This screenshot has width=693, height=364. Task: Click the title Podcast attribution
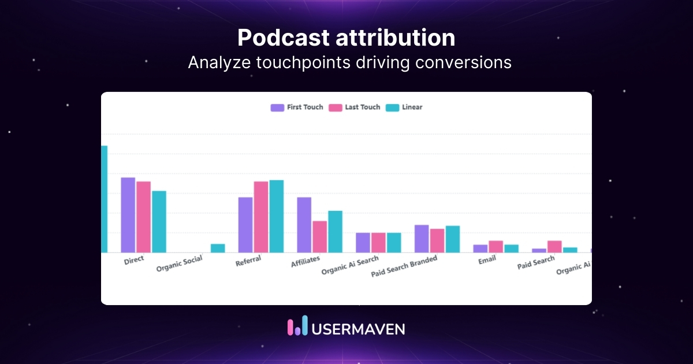click(346, 38)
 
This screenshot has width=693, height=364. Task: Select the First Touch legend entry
click(297, 107)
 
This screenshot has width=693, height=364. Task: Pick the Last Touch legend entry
click(355, 107)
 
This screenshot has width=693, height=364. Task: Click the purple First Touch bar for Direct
click(128, 215)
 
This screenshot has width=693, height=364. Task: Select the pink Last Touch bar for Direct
click(143, 217)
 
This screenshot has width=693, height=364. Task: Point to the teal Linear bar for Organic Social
click(218, 248)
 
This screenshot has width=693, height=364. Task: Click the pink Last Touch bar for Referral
click(261, 217)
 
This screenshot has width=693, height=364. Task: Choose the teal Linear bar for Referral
click(277, 216)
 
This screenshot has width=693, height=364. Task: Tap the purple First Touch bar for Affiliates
click(304, 225)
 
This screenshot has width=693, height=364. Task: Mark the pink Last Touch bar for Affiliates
click(319, 237)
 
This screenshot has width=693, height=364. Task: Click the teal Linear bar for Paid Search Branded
click(453, 239)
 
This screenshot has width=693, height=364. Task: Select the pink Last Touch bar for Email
click(495, 247)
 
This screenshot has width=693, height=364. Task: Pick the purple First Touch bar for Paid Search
click(539, 250)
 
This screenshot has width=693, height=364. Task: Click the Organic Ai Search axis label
click(350, 266)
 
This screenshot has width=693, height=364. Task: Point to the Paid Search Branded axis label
click(404, 266)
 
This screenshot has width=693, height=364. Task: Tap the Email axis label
click(487, 261)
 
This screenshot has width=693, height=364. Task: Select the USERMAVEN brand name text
click(358, 329)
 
